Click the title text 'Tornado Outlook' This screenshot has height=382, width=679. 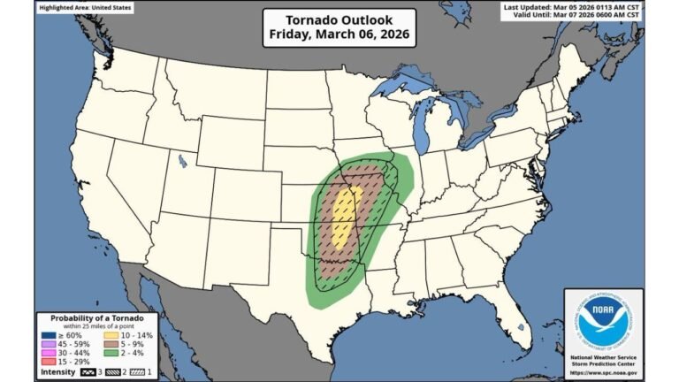pos(339,19)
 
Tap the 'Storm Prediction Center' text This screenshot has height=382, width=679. pos(604,363)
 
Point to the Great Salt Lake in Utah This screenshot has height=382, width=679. pos(182,161)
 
